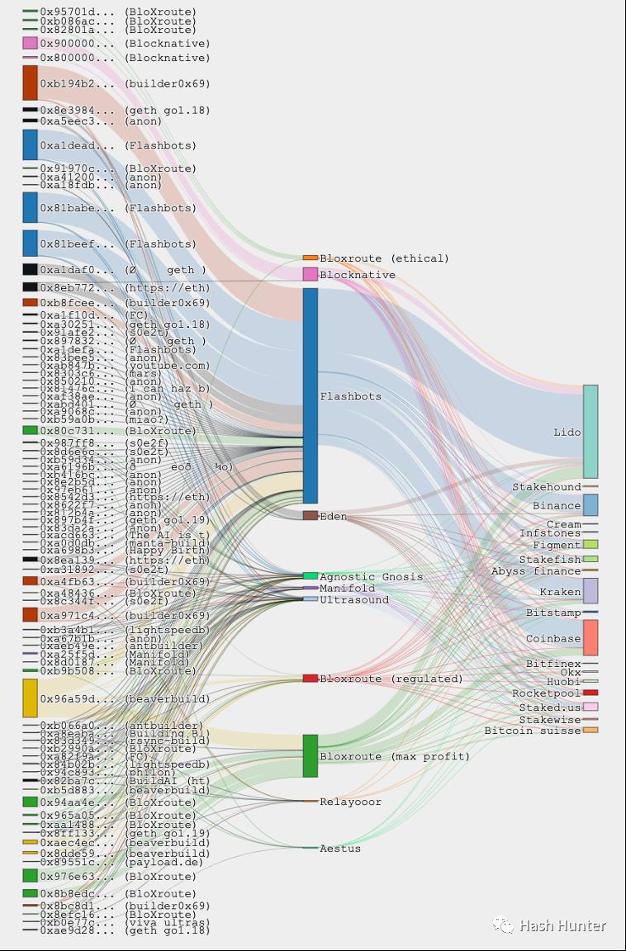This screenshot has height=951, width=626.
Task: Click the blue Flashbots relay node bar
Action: coord(310,395)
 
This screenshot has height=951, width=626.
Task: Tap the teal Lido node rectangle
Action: coord(590,431)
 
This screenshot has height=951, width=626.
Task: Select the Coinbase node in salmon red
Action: coord(590,637)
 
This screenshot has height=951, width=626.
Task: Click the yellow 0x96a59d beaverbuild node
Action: coord(30,698)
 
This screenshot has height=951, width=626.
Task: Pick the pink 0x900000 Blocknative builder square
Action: coord(30,43)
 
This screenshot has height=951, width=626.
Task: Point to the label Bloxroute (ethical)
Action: coord(384,258)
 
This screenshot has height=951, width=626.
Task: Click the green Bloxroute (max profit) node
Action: coord(310,755)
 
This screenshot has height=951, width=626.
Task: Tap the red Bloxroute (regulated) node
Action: coord(310,679)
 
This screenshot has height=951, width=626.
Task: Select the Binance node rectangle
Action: coord(590,504)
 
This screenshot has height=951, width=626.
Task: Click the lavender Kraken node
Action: coord(590,591)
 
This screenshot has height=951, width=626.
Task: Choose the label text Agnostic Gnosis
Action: coord(371,577)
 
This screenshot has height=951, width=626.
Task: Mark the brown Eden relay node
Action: coord(310,515)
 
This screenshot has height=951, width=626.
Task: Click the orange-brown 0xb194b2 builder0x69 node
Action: coord(30,83)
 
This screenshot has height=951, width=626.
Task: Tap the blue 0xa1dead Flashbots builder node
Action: coord(30,144)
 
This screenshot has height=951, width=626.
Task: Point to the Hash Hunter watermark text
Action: coord(562,926)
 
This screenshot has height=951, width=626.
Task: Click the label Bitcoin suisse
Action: coord(533,731)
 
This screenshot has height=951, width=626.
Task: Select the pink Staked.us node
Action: coord(590,707)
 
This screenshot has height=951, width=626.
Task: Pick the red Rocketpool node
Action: coord(590,693)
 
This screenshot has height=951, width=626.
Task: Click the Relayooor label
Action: coord(350,802)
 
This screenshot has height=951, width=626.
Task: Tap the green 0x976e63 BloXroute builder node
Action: coord(30,876)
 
